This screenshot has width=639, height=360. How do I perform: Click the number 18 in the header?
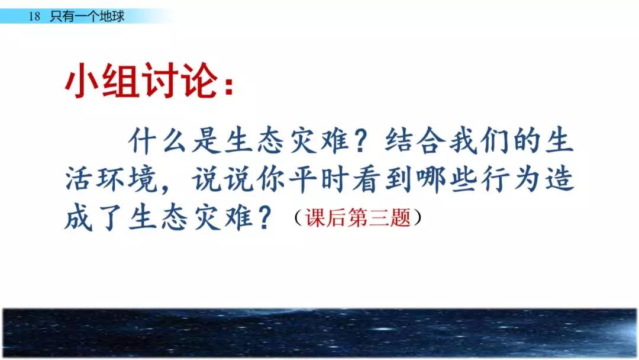click(x=34, y=17)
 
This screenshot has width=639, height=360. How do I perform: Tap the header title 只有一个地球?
click(x=87, y=17)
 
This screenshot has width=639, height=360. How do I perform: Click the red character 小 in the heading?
click(x=81, y=80)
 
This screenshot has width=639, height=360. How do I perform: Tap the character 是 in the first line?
click(x=206, y=141)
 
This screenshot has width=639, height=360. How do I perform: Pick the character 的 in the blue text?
click(x=527, y=141)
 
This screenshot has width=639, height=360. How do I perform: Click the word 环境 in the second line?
click(x=127, y=179)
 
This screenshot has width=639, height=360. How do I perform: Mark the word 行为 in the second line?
click(x=511, y=179)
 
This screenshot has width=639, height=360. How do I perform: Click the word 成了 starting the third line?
click(x=94, y=217)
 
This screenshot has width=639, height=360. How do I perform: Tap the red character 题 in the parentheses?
click(x=400, y=217)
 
